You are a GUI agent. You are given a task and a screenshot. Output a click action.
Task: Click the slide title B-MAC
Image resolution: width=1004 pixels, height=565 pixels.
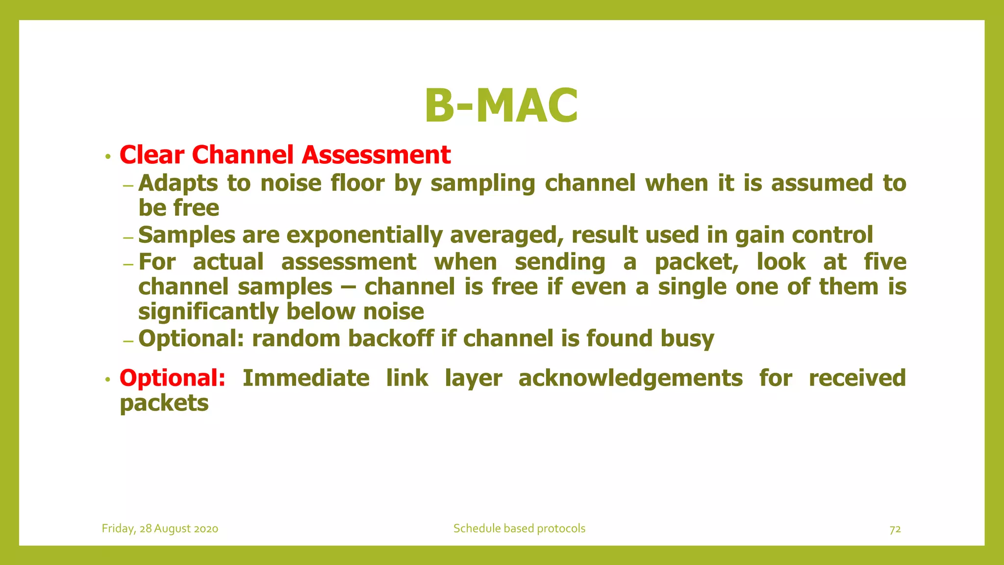501,105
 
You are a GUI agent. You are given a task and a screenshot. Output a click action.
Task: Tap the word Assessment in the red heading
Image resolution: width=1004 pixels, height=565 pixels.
376,155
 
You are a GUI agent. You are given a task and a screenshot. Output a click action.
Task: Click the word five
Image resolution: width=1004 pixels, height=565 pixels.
885,261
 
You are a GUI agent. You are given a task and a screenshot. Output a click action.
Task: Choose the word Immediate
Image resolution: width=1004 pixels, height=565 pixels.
306,378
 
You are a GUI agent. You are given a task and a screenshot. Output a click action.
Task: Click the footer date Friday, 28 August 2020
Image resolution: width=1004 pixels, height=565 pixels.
160,529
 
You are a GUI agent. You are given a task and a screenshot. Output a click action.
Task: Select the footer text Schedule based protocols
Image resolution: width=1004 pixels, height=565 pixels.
519,529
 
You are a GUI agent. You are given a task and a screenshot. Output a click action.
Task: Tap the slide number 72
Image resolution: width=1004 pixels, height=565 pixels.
895,529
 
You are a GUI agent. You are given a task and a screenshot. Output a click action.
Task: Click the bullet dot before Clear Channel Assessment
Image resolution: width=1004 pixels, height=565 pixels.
107,157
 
